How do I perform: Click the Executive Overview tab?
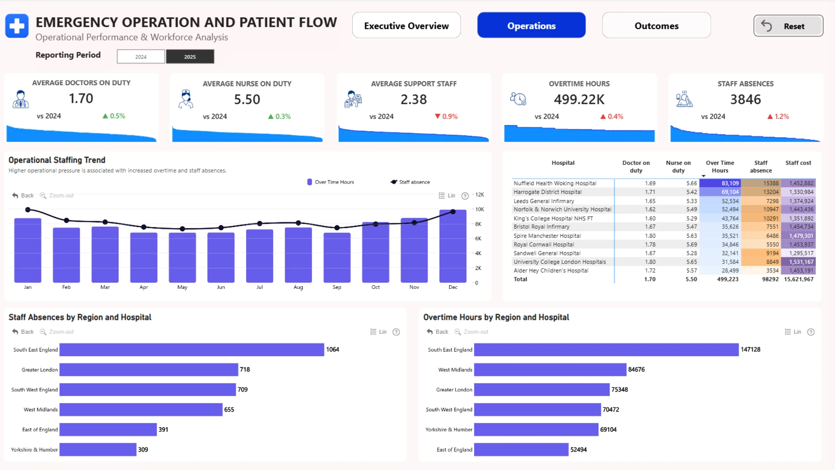point(406,26)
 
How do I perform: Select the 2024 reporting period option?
point(141,57)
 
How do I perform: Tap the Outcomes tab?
point(656,26)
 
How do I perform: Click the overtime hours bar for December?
point(453,246)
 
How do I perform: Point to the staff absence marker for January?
point(28,210)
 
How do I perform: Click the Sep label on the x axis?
point(337,287)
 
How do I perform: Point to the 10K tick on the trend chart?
point(480,209)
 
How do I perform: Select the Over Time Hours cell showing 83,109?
point(720,183)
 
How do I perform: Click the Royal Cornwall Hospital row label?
point(544,245)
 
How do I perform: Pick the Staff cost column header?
point(798,163)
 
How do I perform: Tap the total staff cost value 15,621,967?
point(798,279)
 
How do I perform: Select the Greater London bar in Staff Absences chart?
point(149,369)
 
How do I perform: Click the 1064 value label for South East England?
point(332,349)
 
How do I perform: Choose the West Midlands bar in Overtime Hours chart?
point(550,369)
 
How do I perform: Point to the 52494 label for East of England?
point(578,450)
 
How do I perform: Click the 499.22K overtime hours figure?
point(579,100)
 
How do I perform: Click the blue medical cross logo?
point(17,26)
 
